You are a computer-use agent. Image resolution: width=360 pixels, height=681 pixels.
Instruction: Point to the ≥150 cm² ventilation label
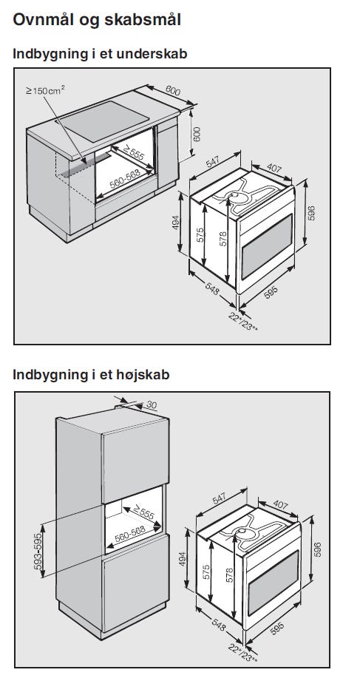(x=45, y=90)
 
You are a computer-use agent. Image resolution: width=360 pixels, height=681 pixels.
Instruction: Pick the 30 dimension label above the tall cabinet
(x=151, y=404)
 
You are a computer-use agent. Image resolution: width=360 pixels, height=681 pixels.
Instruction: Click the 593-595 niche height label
(x=38, y=551)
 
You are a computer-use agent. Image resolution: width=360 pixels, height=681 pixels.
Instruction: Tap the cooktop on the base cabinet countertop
(x=103, y=121)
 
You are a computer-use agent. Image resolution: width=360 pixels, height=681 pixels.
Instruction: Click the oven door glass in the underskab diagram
(x=266, y=246)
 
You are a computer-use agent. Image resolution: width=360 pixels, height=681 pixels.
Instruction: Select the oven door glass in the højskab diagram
(x=273, y=583)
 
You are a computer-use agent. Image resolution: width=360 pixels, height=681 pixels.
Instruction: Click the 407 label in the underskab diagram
(x=274, y=168)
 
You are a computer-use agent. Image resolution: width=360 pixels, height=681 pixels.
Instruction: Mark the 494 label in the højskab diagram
(x=182, y=559)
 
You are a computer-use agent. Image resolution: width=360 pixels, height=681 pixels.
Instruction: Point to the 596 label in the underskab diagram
(x=311, y=213)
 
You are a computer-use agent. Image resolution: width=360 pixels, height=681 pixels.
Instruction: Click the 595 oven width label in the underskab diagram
(x=271, y=293)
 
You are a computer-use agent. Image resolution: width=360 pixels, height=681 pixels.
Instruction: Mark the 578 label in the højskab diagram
(x=230, y=575)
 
